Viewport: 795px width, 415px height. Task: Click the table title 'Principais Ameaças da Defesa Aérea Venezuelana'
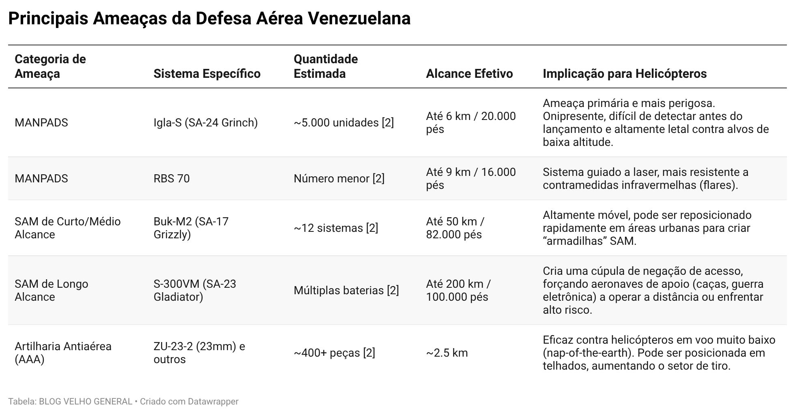209,19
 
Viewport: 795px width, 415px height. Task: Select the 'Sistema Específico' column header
207,74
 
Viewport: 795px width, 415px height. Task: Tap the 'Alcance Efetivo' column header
469,74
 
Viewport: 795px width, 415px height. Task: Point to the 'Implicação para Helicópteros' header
625,74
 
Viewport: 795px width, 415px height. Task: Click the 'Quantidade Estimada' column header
326,66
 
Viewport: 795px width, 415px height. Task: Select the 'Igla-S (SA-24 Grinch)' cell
206,123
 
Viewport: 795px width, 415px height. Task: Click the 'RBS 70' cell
172,179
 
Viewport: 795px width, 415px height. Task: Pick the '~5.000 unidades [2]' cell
344,123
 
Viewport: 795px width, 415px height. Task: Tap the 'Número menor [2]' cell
339,179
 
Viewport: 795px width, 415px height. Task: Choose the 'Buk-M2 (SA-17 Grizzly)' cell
191,228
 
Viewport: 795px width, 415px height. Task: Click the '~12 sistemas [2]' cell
336,228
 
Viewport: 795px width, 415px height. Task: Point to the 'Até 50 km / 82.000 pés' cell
455,228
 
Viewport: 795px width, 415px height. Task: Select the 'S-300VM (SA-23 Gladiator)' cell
195,291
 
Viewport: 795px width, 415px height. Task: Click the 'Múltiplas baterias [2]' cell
346,291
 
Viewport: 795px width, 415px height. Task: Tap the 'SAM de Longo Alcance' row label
52,291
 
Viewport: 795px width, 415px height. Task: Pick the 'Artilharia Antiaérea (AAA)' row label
63,353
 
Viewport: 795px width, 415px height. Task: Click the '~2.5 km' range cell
447,353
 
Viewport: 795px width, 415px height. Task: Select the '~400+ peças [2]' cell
334,353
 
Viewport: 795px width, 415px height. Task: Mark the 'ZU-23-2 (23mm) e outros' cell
199,353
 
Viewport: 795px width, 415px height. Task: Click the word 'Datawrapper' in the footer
213,402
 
